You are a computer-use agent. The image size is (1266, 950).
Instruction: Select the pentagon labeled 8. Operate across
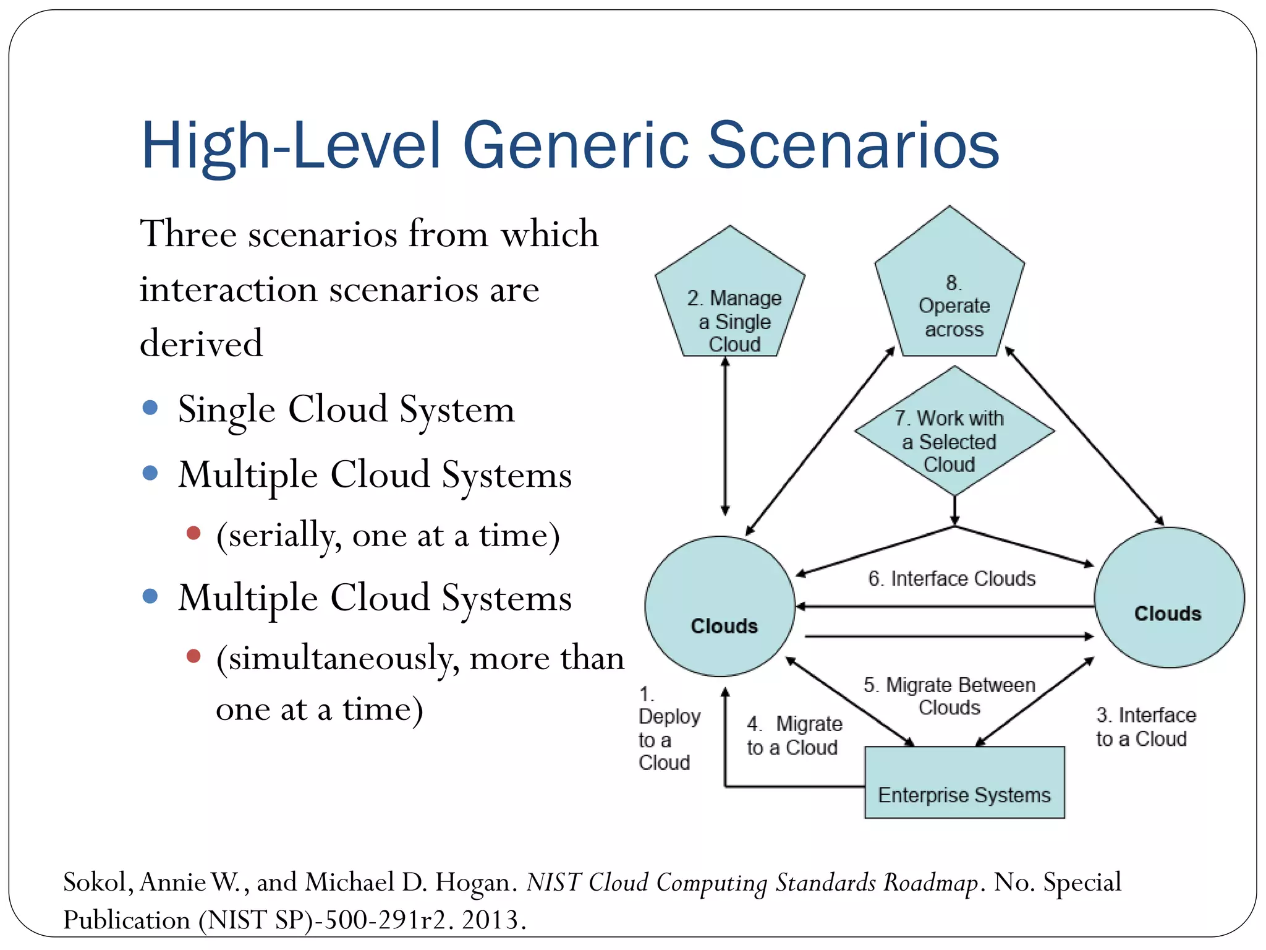point(951,297)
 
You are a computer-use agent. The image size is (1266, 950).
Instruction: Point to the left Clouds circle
point(720,606)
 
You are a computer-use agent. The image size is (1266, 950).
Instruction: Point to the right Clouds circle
point(1169,597)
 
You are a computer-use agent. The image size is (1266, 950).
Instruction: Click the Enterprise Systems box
point(964,782)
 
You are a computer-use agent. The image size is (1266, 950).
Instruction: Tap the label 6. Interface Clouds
point(951,578)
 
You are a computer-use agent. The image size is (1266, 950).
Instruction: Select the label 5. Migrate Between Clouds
point(949,696)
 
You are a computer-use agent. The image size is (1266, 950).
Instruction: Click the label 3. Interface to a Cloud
point(1145,727)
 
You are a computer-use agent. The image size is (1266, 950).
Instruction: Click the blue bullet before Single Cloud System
point(150,408)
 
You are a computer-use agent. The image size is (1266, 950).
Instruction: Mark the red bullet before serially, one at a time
point(193,533)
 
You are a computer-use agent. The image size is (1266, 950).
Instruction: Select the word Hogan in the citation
point(475,882)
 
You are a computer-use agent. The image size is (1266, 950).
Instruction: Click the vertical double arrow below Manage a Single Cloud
point(725,436)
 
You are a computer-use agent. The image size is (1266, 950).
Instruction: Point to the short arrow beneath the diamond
point(954,510)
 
